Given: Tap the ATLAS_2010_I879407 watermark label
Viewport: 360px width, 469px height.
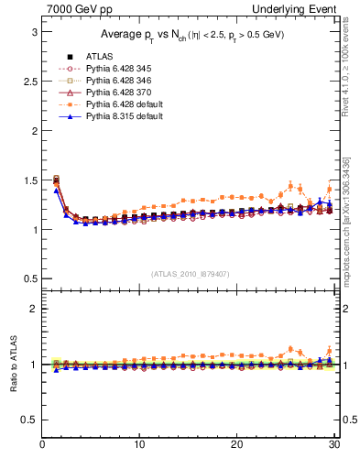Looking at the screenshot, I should click(191, 272).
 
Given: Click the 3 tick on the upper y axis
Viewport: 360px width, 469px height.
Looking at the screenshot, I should click(34, 31).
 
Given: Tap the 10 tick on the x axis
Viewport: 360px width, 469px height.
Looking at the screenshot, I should click(139, 446).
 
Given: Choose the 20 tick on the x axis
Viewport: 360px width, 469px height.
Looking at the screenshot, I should click(236, 446).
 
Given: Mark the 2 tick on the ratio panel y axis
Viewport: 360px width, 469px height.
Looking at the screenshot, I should click(34, 309).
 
